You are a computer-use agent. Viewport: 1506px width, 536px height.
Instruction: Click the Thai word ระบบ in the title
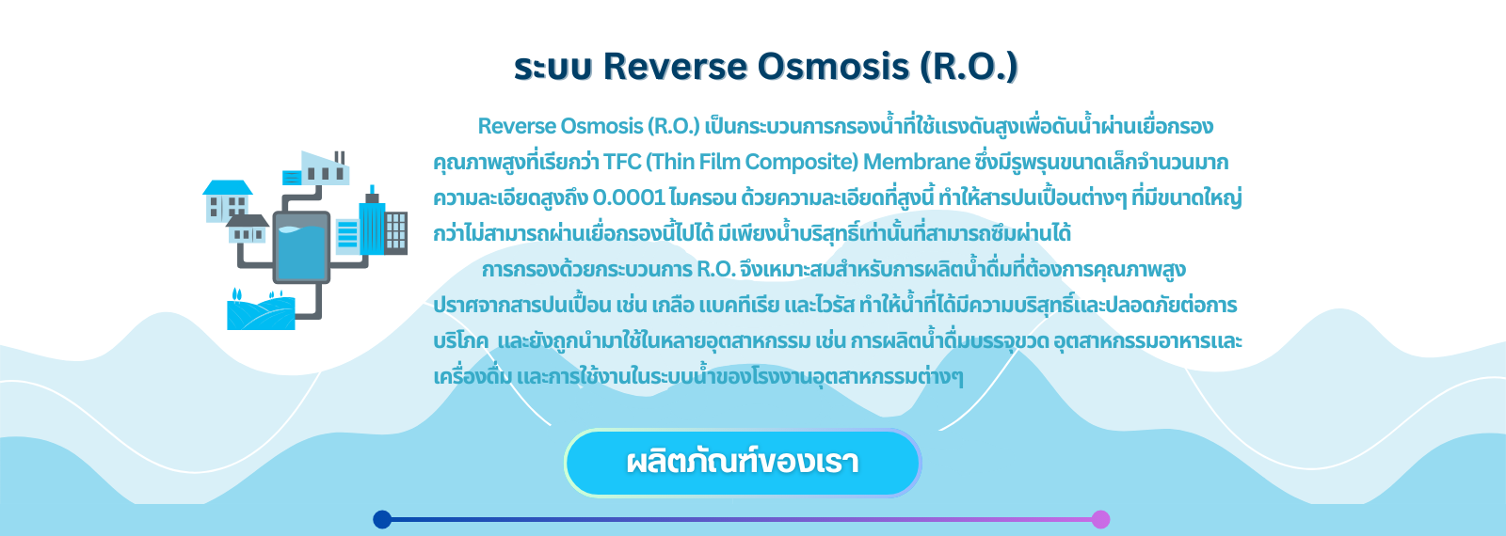click(x=553, y=68)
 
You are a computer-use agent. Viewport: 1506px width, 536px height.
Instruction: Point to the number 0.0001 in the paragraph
click(x=629, y=198)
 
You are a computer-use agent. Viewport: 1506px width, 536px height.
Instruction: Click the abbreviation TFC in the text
click(x=622, y=162)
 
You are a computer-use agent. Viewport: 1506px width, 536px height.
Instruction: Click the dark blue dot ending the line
click(x=382, y=519)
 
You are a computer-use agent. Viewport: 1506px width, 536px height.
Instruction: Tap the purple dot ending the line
click(x=1100, y=519)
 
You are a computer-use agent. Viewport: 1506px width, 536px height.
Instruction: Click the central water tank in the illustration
click(x=301, y=246)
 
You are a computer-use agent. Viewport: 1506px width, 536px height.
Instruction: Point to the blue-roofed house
click(x=227, y=200)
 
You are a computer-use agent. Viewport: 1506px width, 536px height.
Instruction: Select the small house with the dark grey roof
click(x=247, y=229)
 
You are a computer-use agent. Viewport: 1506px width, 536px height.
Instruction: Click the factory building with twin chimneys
click(x=317, y=168)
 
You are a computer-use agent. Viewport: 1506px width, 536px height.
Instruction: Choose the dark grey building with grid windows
click(x=396, y=233)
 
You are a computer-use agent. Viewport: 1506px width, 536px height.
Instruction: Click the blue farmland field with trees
click(x=261, y=311)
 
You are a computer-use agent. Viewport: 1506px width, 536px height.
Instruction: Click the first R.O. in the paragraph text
click(x=674, y=126)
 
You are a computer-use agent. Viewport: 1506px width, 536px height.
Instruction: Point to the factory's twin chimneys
click(x=340, y=158)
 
